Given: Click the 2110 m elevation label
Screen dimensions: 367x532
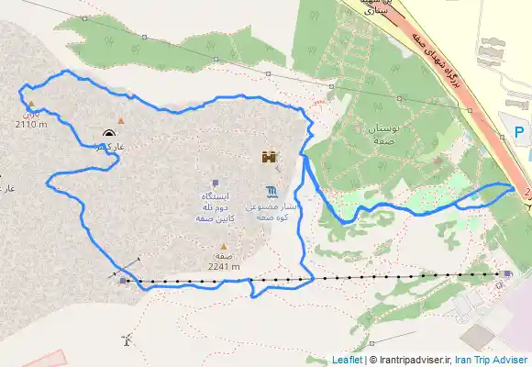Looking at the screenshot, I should (32, 125).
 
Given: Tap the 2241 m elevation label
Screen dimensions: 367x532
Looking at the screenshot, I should (224, 267).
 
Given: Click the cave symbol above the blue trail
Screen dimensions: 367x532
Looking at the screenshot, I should (110, 132).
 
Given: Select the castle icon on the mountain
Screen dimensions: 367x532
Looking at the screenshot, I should (270, 157).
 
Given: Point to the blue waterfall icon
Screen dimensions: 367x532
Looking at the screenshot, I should (272, 192).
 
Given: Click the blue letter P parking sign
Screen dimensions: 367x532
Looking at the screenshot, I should (519, 132).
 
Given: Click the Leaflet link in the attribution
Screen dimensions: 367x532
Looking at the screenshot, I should (348, 360).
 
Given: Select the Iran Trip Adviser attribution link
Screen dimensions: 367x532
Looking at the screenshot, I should (492, 360).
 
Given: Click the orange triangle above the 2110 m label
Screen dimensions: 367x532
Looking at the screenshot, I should (30, 104).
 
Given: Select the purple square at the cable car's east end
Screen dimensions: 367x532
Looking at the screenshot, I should (507, 272).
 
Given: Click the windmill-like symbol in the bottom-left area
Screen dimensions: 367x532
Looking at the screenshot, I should (126, 341).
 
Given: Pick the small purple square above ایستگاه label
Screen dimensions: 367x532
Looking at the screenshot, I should (216, 183).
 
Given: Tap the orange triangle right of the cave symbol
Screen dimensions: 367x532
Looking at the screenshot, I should (120, 120).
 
